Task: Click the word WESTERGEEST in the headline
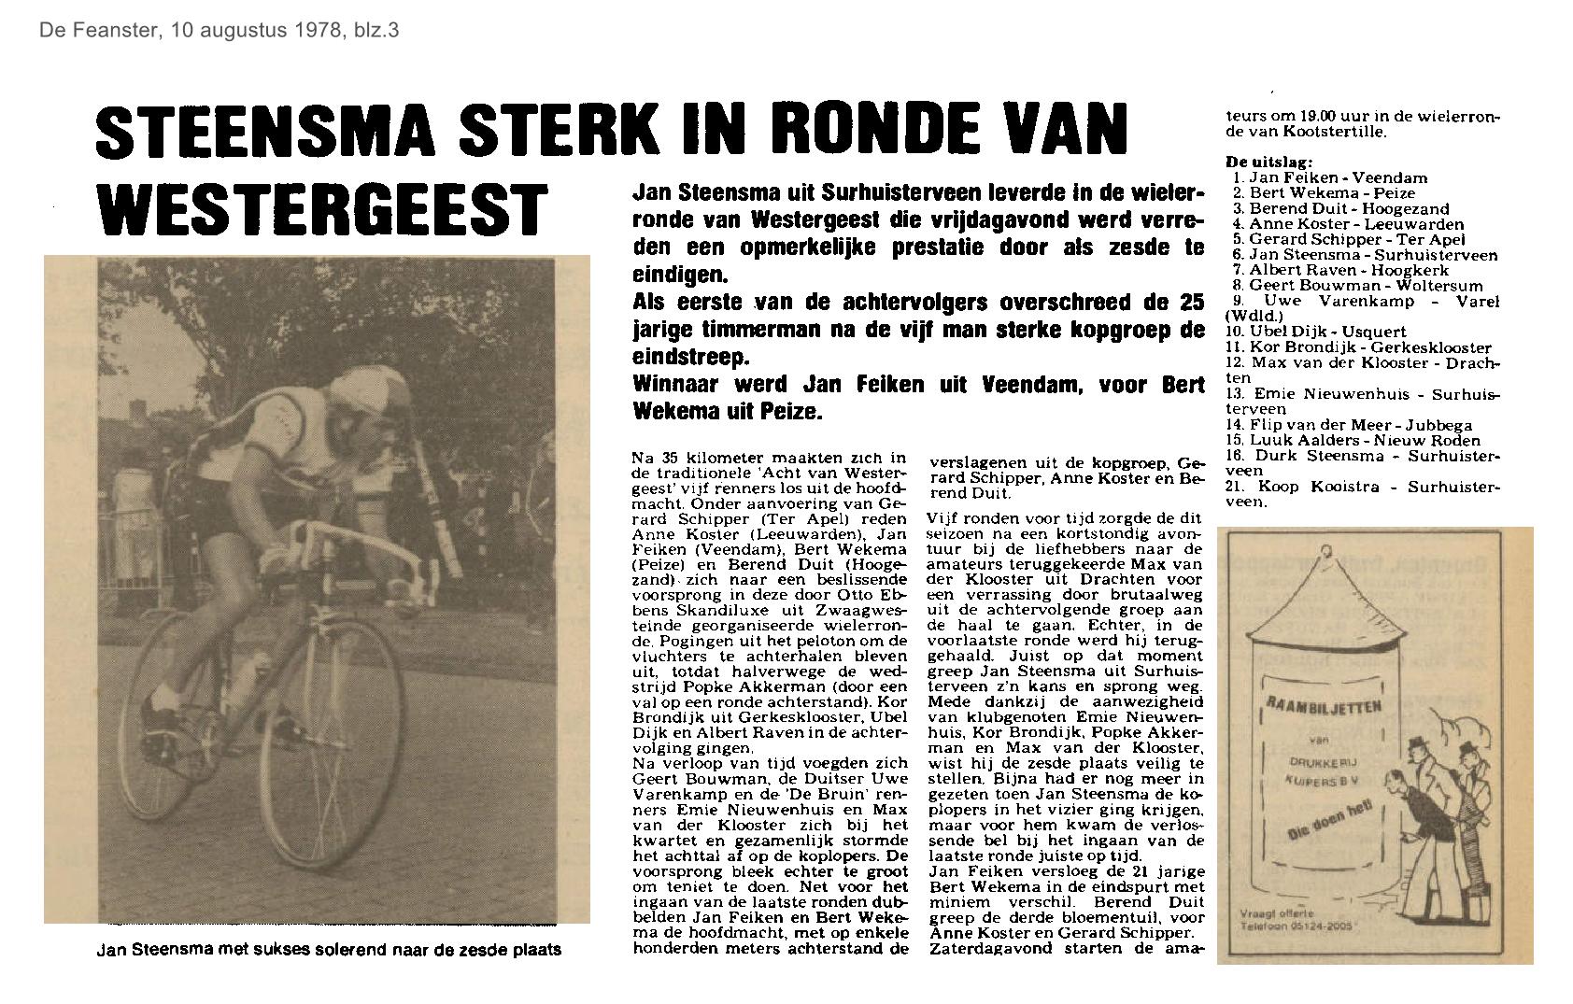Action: (x=323, y=209)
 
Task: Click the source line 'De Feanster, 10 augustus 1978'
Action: (x=219, y=30)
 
